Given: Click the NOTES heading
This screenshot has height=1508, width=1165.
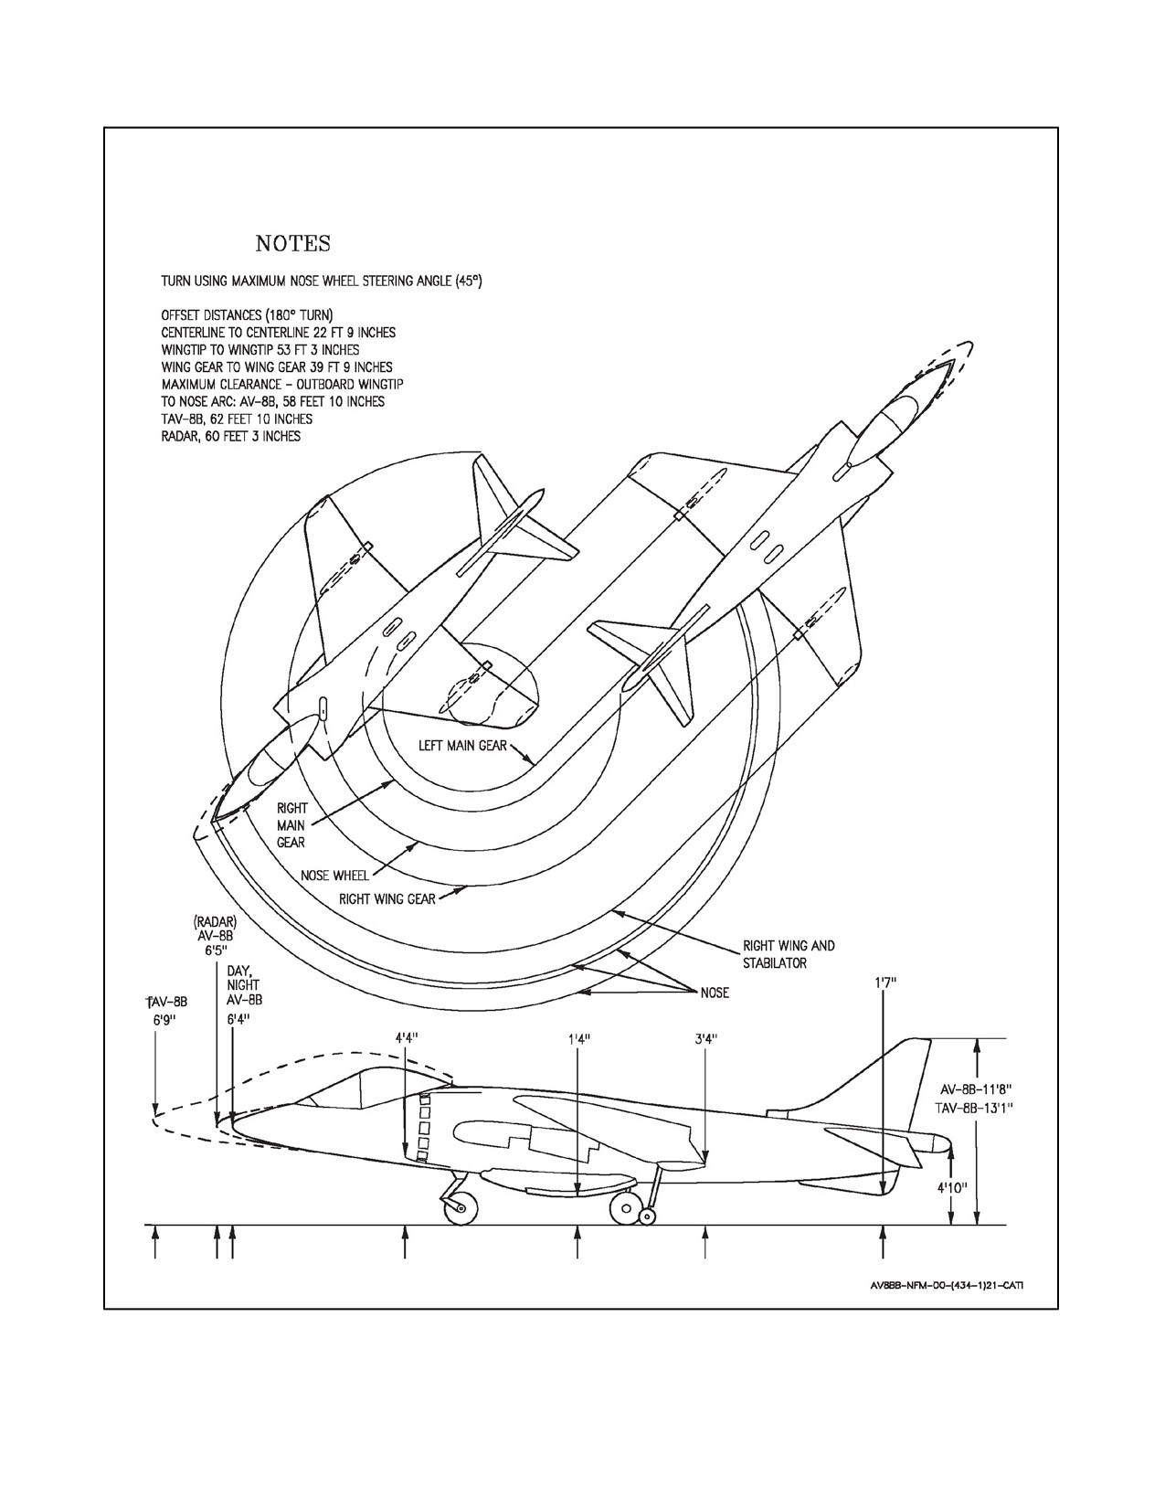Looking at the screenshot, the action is point(292,244).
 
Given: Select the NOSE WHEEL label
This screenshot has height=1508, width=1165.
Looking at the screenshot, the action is point(334,876).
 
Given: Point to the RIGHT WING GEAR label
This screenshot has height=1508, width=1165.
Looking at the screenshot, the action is point(387,898).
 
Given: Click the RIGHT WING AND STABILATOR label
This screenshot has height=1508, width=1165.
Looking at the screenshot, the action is point(789,954).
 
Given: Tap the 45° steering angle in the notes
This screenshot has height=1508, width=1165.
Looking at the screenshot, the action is point(469,281).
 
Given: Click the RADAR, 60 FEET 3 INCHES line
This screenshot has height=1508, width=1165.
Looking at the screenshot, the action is point(231,437).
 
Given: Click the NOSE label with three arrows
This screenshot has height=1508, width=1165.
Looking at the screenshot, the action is point(715,993).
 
